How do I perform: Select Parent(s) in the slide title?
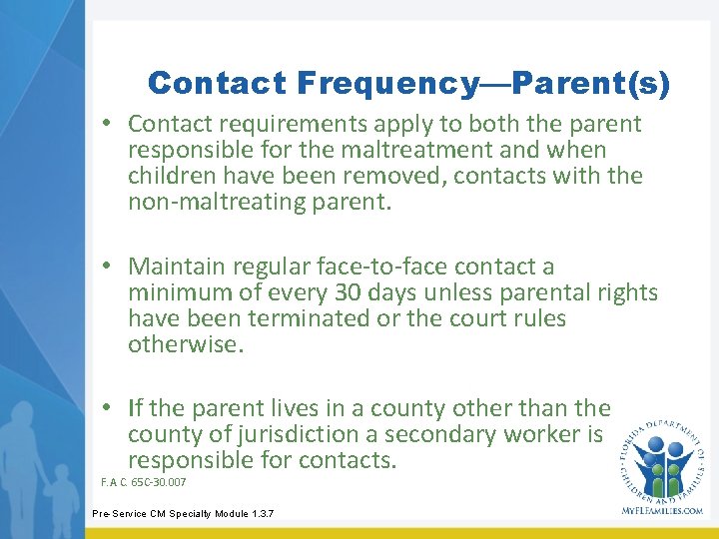tap(596, 84)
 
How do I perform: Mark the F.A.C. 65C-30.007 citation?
tap(144, 483)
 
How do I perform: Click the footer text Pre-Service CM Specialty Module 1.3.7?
tap(183, 514)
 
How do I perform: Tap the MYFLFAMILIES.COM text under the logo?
tap(662, 510)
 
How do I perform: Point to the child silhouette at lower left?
tap(63, 499)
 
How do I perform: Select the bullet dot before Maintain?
tap(117, 268)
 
